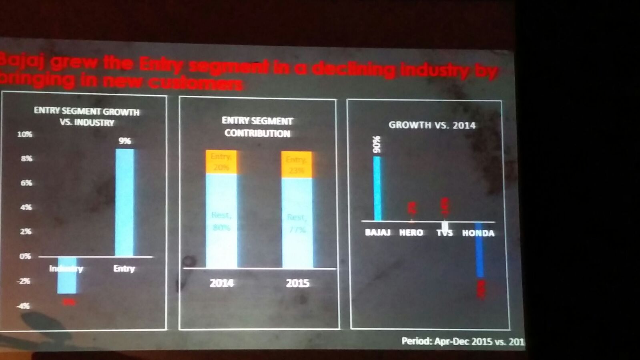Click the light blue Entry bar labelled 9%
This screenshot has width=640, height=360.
(124, 202)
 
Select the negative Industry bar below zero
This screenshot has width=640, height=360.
(67, 275)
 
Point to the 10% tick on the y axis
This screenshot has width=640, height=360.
(24, 135)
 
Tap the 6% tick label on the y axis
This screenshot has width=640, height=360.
(26, 183)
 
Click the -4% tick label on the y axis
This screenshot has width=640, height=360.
(23, 306)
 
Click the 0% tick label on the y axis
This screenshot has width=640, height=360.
(25, 256)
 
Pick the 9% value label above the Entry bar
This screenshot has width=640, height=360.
(124, 141)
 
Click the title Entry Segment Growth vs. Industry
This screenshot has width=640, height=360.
(87, 117)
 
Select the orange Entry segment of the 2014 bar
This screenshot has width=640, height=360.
(221, 162)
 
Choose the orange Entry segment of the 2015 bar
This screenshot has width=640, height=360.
(296, 165)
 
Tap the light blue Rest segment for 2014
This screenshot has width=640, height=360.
(221, 221)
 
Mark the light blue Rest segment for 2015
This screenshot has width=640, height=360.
(297, 223)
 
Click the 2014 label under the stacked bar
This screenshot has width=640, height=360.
(221, 283)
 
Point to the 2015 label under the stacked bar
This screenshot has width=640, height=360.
(297, 283)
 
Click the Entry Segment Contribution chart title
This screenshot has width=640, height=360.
(257, 127)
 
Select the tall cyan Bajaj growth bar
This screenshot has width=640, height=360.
(377, 188)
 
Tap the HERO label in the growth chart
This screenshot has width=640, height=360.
(411, 233)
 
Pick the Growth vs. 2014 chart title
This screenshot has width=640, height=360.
(432, 125)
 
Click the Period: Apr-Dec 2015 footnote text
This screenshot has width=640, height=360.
(462, 341)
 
